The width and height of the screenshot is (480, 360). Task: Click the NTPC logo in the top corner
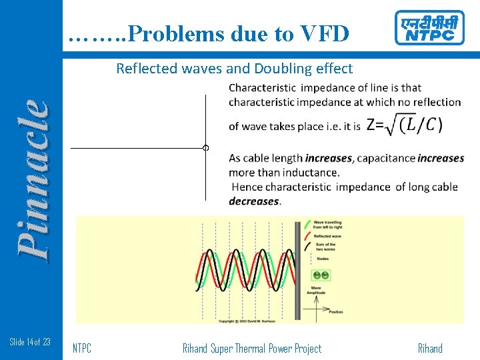tap(429, 28)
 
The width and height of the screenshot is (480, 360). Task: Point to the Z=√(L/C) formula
tap(404, 125)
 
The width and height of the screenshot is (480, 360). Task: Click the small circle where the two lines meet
tap(206, 148)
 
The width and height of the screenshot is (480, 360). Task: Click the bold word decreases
tap(254, 201)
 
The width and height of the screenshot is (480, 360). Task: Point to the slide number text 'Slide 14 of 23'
tap(30, 342)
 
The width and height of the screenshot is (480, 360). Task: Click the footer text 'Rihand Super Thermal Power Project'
tap(251, 348)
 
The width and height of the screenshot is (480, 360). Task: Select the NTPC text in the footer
tap(82, 348)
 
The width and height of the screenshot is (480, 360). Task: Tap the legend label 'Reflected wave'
tap(328, 236)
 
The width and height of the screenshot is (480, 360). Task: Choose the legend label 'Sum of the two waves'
tap(326, 247)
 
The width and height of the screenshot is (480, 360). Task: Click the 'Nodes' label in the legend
tap(323, 259)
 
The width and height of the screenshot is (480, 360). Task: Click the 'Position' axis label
tap(335, 312)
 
